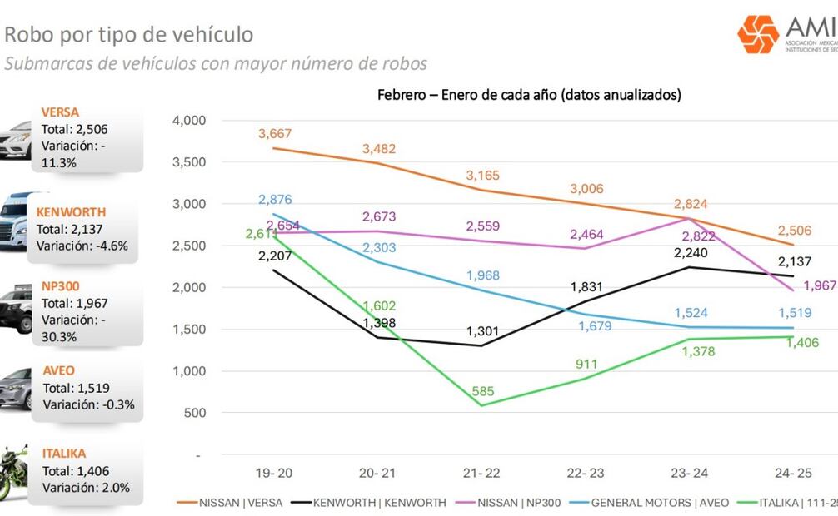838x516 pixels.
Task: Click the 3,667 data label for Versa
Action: pos(274,134)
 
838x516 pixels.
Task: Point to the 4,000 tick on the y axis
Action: pos(187,120)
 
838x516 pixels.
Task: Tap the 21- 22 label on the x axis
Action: pos(481,473)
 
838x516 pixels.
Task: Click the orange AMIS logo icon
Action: pos(757,34)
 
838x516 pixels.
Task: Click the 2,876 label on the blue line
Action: pos(274,200)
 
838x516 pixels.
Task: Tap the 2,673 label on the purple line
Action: pos(378,217)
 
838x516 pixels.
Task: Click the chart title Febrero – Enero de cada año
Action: pos(529,95)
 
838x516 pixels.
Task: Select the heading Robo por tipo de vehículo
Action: pos(129,34)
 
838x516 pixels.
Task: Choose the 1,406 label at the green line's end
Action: pos(803,342)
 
